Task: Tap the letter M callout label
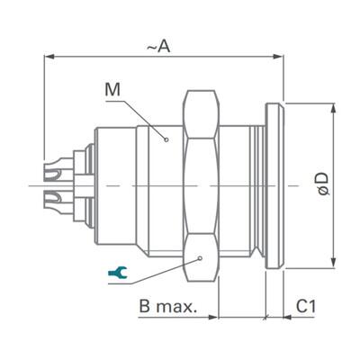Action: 112,89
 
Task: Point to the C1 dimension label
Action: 307,306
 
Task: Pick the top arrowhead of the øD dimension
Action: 336,106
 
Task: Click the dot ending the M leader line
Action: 165,139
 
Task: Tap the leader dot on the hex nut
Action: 200,257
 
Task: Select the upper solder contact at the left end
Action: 56,167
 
